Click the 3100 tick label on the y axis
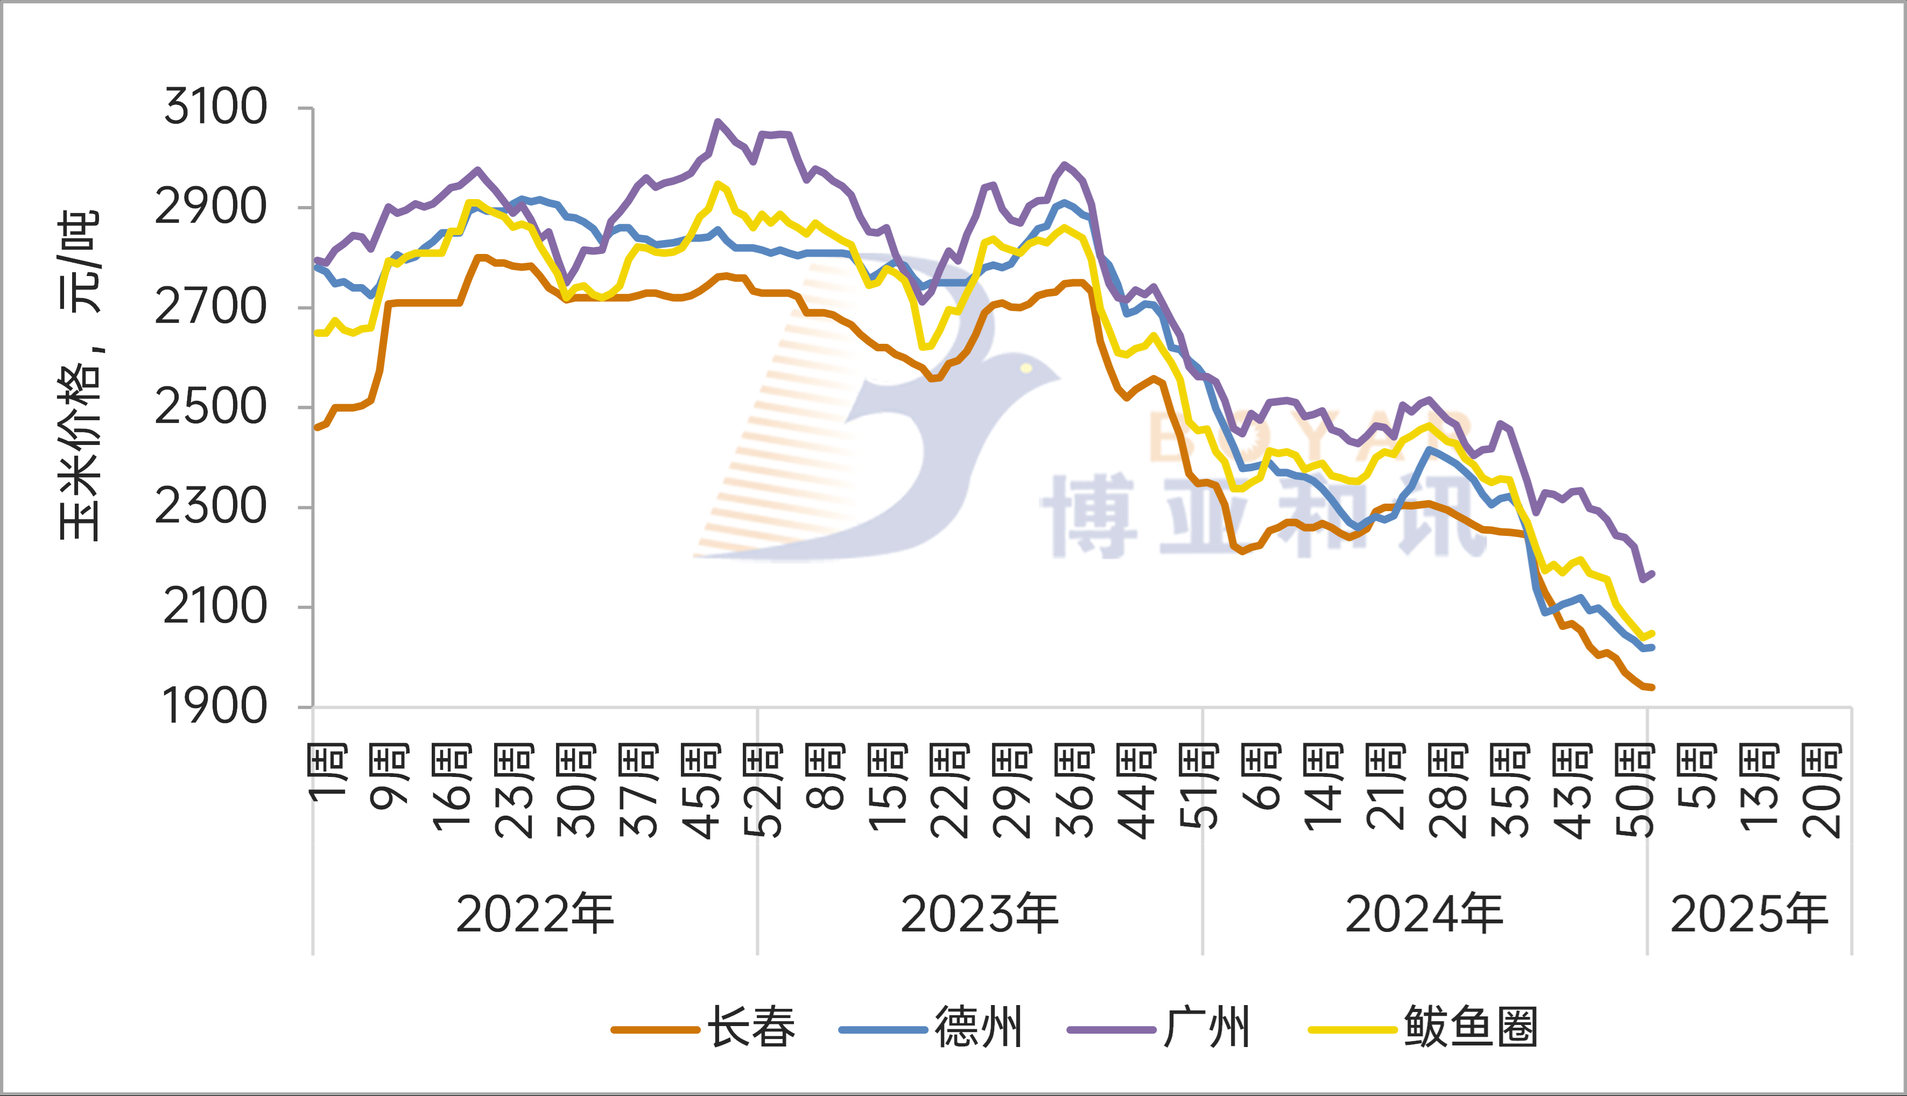215,107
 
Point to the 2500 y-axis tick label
211,407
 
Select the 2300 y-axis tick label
211,507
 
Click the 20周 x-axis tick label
1822,791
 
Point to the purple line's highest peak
717,121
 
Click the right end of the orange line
1652,687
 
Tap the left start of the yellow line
316,333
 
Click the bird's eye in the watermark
1026,368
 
